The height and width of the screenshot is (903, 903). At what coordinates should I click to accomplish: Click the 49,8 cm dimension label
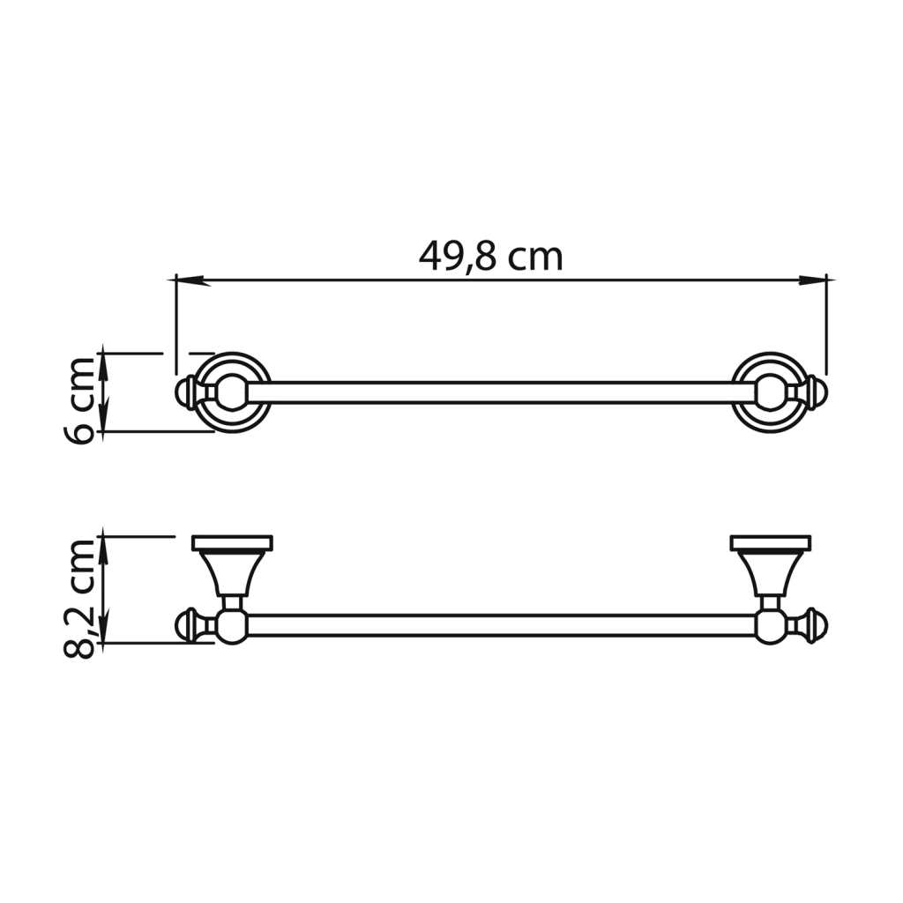[490, 257]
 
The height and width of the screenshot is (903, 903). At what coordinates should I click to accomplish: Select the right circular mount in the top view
[770, 392]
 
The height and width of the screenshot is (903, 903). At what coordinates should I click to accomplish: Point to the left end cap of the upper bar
[187, 392]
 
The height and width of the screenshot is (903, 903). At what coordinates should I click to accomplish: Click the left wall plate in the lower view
[232, 542]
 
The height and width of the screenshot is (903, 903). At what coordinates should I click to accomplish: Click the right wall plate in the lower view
[770, 542]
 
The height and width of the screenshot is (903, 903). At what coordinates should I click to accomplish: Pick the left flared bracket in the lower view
[232, 572]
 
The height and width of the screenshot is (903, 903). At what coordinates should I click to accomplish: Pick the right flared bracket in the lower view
[770, 572]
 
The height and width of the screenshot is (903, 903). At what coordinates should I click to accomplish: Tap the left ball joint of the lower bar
[232, 626]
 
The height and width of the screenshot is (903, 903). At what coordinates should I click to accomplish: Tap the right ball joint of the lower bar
[770, 626]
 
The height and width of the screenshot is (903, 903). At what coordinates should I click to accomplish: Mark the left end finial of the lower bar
[188, 625]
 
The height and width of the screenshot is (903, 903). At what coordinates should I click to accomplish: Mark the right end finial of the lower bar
[816, 625]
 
